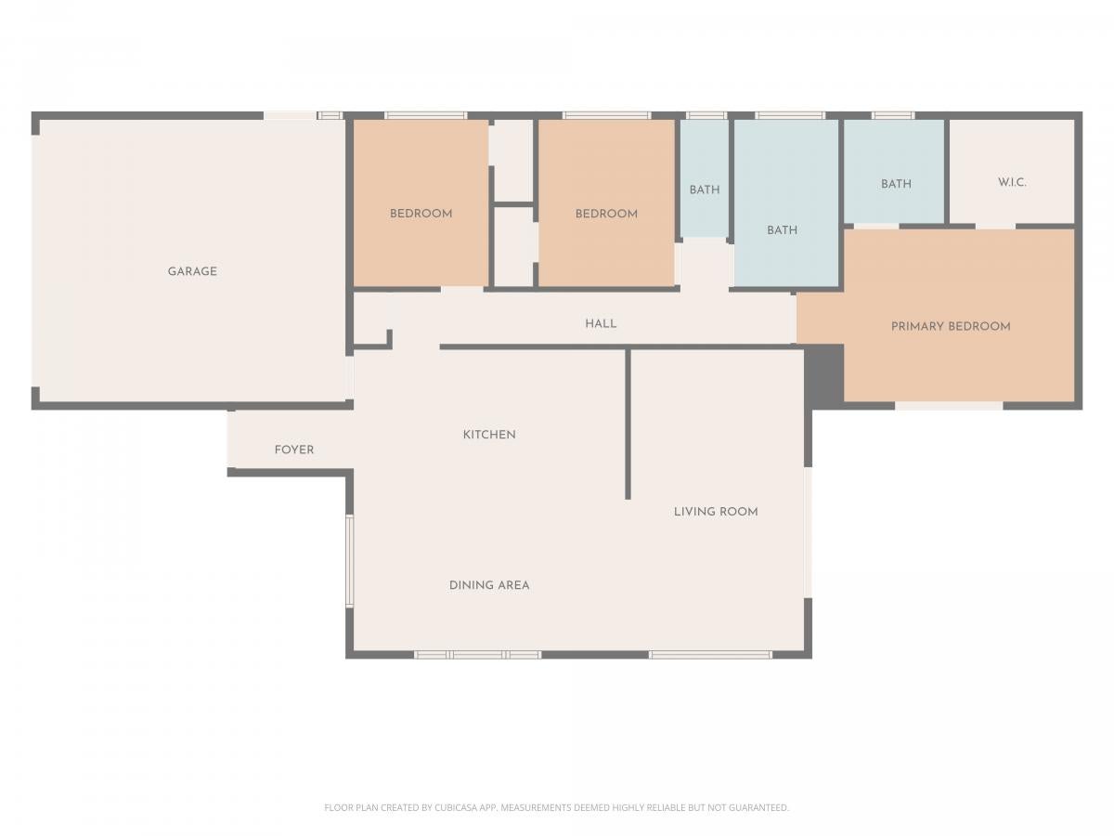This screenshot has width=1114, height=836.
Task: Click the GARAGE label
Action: point(192,271)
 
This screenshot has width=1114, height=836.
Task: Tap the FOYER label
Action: point(294,450)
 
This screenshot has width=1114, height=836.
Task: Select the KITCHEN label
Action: point(488,435)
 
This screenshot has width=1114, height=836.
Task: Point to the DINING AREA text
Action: point(488,586)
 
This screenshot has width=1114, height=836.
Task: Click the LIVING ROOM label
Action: point(716,512)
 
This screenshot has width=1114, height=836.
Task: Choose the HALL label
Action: point(601,324)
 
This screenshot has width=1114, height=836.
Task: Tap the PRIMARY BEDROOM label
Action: point(951,326)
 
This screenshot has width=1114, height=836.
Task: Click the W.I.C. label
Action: point(1012,182)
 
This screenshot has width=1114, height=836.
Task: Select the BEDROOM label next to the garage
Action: point(421,214)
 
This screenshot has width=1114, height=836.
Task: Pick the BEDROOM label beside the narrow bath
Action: point(606,215)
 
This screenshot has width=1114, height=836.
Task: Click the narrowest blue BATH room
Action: point(705,177)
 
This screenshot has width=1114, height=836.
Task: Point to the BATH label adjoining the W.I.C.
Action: point(896,184)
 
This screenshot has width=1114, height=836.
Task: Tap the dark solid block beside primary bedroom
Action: point(824,374)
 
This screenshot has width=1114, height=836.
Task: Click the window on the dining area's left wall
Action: point(349,561)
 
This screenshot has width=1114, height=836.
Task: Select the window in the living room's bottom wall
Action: point(710,655)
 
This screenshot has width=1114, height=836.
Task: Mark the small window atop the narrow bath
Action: point(706,116)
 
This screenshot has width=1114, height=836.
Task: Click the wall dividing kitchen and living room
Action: point(628,424)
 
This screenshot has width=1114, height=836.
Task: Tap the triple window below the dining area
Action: point(477,655)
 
